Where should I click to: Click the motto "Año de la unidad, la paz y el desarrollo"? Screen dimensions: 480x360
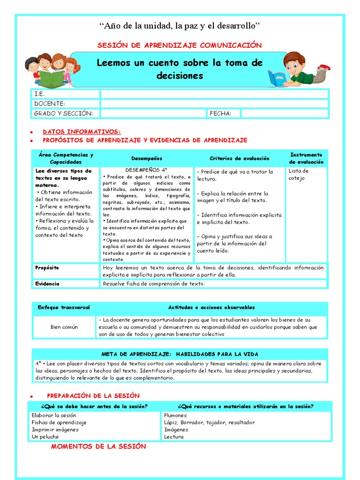pos(180,25)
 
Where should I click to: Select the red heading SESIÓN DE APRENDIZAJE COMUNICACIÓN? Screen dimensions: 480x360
pos(180,45)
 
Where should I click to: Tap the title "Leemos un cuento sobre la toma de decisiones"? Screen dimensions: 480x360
pos(180,69)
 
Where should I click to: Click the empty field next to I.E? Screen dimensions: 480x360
pos(214,94)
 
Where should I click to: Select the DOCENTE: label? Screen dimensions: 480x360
pos(50,104)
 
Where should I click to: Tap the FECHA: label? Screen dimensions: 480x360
pos(220,113)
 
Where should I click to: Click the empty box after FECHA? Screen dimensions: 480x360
pos(285,113)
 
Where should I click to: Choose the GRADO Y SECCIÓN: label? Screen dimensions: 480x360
pos(64,113)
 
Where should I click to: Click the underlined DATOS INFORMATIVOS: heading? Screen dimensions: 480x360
pos(82,132)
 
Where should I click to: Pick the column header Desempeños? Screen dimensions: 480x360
pos(147,158)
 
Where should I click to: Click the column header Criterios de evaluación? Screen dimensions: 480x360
pos(240,158)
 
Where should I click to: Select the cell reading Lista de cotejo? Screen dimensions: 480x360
pos(299,174)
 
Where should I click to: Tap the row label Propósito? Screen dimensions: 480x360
pos(47,268)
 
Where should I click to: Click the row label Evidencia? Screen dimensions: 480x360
pos(47,284)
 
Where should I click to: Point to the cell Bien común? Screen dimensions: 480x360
pos(64,327)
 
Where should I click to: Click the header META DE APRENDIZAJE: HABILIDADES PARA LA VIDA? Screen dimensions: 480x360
pos(180,354)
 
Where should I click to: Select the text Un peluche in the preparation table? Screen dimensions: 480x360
pos(45,436)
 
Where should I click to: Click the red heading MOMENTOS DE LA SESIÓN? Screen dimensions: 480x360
pos(98,447)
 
